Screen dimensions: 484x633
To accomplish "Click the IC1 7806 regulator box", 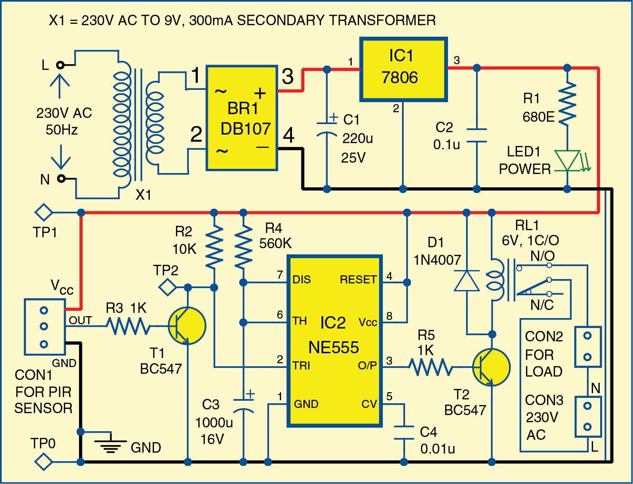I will [403, 69].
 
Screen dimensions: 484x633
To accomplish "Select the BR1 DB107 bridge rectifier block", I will [242, 118].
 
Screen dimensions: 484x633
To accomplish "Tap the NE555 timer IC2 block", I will [335, 340].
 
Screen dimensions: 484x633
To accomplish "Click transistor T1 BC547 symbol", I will [187, 326].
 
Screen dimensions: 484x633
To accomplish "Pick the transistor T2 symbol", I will [491, 367].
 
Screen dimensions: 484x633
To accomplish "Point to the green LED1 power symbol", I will [568, 161].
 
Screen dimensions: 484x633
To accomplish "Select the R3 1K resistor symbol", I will [127, 326].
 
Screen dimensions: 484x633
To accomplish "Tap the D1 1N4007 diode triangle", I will [467, 281].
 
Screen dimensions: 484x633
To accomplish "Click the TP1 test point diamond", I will [44, 212].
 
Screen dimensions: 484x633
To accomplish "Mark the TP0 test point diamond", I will [44, 461].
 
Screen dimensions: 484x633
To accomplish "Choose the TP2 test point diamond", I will [167, 287].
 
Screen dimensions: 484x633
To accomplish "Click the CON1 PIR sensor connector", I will [44, 327].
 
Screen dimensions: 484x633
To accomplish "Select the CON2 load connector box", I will [587, 346].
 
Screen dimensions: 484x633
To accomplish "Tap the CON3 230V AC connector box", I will [587, 416].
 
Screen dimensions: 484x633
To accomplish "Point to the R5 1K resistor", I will [431, 367].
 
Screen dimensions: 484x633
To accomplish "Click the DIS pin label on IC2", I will [302, 280].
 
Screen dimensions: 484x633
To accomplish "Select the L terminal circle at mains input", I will [60, 65].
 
